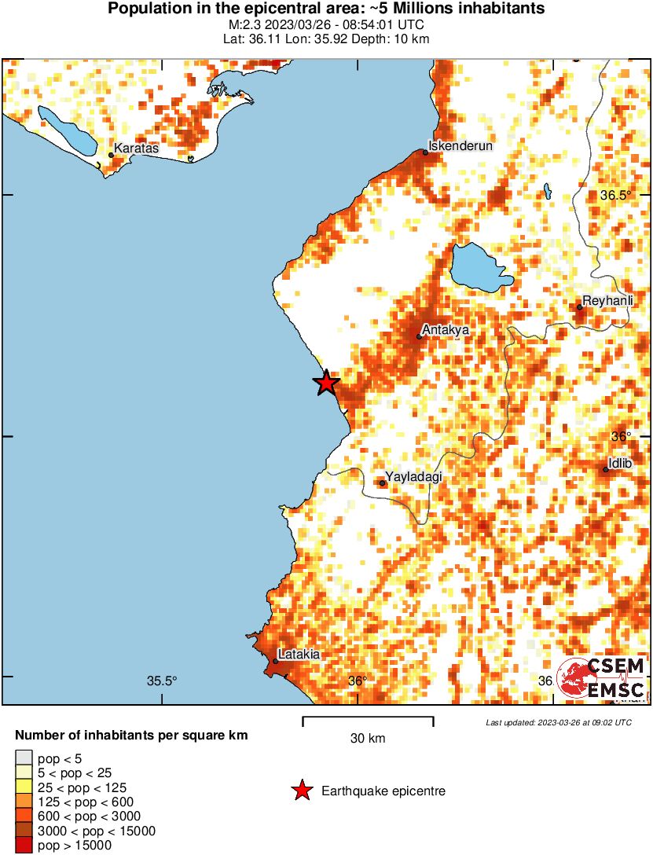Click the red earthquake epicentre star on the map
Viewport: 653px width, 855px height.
tap(326, 383)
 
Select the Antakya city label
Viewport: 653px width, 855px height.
tap(445, 330)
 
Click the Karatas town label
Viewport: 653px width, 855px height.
tap(136, 148)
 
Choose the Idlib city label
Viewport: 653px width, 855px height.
tap(620, 464)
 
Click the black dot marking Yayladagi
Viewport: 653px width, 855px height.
tap(383, 483)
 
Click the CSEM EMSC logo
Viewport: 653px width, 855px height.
tap(601, 678)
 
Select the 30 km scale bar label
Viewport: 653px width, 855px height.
tap(367, 738)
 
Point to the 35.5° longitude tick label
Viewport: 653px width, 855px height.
tap(163, 681)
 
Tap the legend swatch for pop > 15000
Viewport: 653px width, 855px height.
tap(24, 846)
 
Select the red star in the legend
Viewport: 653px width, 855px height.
tap(301, 791)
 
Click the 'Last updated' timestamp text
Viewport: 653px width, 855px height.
tap(558, 722)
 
